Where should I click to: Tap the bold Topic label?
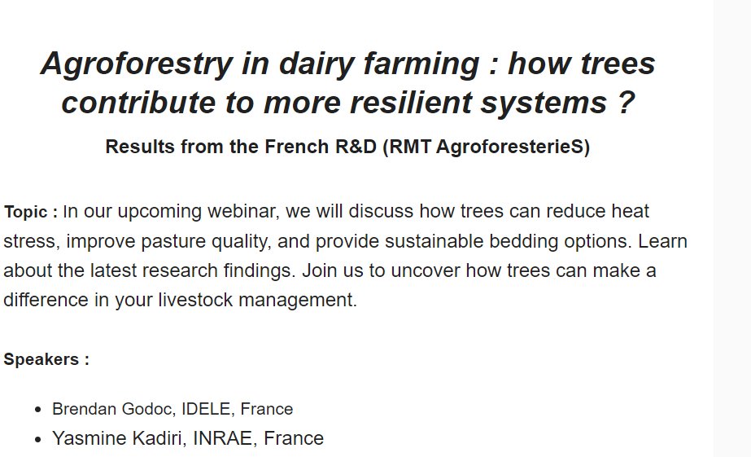(x=30, y=213)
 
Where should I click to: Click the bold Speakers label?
(x=46, y=359)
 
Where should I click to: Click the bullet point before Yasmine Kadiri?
(x=37, y=439)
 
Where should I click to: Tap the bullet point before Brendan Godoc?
(x=37, y=410)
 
